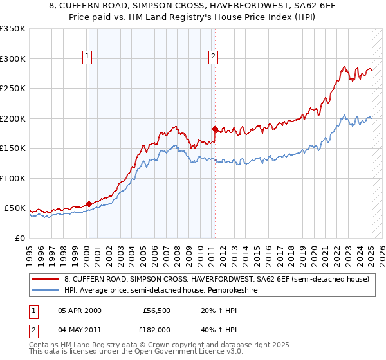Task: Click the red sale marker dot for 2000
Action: coord(89,204)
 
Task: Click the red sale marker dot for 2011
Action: coord(215,129)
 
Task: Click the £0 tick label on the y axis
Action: coord(19,238)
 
